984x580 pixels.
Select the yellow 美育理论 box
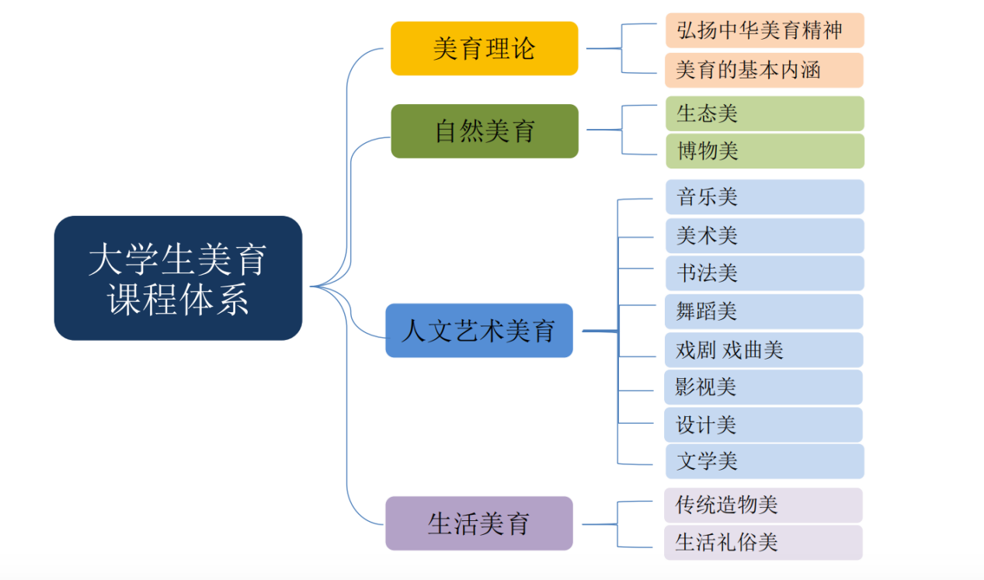(x=484, y=49)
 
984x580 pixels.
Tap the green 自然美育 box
(x=484, y=130)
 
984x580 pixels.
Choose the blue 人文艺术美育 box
(x=478, y=331)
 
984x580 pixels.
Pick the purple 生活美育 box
(x=478, y=523)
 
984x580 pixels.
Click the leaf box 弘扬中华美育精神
(x=764, y=30)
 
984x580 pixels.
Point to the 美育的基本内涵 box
(x=764, y=71)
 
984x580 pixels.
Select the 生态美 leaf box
(x=764, y=113)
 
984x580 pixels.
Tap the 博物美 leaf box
(x=764, y=151)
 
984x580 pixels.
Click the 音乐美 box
(x=764, y=197)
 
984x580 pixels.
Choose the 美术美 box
(x=764, y=235)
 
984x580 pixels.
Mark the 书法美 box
(x=764, y=273)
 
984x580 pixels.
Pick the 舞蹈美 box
(x=764, y=311)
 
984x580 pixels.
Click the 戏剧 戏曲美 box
(x=764, y=350)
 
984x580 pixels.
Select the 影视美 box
(x=764, y=387)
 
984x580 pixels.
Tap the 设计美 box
(x=764, y=425)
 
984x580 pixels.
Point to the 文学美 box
(x=764, y=461)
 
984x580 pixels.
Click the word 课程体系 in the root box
(x=178, y=299)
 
